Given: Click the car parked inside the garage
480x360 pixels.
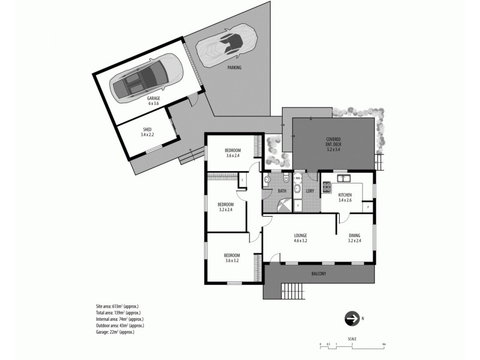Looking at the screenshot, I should pos(147,79).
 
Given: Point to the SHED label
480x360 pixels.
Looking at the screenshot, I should pos(147,129).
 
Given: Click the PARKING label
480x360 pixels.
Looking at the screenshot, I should pos(235,68).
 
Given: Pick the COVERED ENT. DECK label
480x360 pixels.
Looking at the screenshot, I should pos(333,142).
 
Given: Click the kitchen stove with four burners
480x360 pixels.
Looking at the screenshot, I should pos(327,187).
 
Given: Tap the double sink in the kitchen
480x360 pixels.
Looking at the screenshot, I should pos(343,178).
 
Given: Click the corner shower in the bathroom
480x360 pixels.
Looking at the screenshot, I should pos(271,203).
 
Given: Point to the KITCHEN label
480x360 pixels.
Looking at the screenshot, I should pos(345,196).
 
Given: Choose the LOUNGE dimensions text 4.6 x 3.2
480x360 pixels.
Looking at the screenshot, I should pos(301,241).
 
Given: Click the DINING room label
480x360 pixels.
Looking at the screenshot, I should pos(355,236).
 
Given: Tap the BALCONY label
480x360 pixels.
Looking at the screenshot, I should pos(319,274).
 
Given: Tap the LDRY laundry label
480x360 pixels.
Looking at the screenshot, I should pos(310,191).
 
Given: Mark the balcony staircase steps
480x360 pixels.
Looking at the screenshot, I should pos(292,292).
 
